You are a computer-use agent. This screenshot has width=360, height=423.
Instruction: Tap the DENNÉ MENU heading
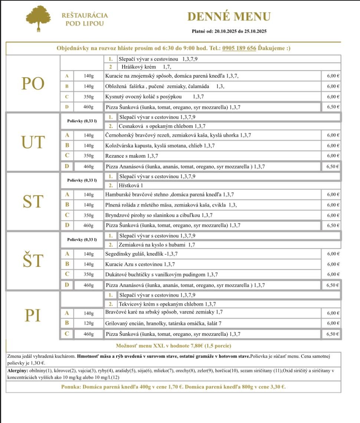[229, 17]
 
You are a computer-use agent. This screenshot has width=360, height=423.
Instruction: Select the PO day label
[33, 84]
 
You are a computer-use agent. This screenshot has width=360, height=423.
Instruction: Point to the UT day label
[33, 142]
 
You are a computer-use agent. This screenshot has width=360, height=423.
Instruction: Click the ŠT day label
[33, 261]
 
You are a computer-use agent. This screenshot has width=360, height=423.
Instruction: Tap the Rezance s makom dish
[126, 156]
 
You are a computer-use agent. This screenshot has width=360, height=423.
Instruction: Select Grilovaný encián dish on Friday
[163, 323]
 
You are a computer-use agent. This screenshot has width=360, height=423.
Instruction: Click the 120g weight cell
[89, 323]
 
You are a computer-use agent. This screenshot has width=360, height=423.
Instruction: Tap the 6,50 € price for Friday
[332, 334]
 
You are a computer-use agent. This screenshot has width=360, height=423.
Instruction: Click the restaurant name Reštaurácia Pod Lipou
[85, 19]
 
